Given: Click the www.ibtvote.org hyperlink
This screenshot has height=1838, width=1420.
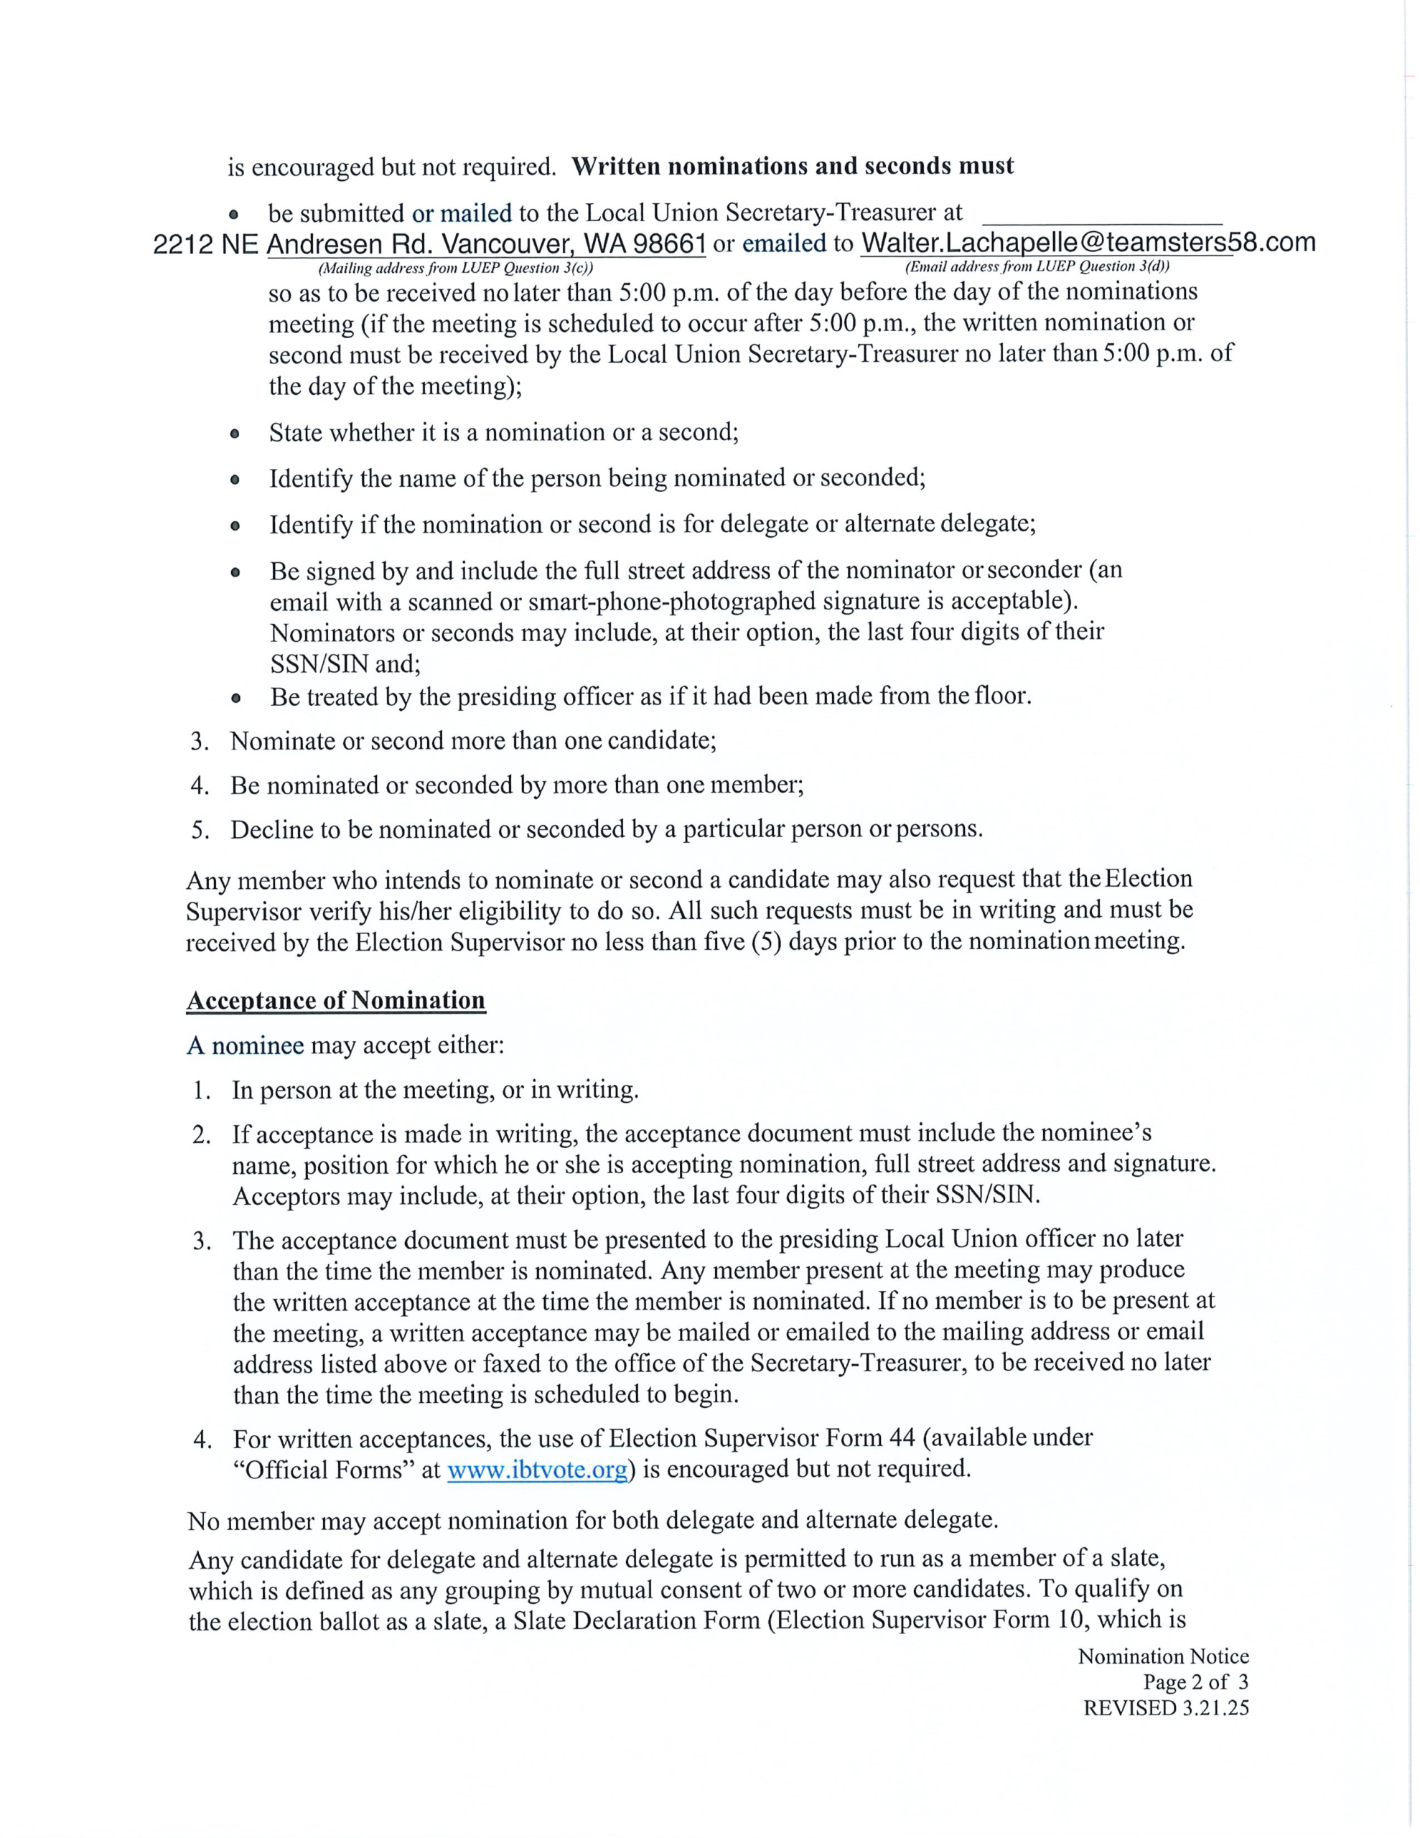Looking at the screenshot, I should pyautogui.click(x=537, y=1470).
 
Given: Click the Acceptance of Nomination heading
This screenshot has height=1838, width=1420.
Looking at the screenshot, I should pyautogui.click(x=336, y=1001).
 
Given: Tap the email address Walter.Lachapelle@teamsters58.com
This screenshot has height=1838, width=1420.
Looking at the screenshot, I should pyautogui.click(x=1088, y=243).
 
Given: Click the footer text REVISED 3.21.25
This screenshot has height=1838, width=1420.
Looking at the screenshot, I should pyautogui.click(x=1166, y=1707).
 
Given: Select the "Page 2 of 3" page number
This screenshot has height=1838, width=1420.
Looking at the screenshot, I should pyautogui.click(x=1195, y=1682).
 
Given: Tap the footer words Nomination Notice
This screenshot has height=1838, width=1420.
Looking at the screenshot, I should pyautogui.click(x=1163, y=1657).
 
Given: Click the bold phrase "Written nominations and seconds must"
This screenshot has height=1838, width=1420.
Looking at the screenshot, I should pyautogui.click(x=792, y=166).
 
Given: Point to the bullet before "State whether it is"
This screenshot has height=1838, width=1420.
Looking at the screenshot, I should pyautogui.click(x=235, y=434).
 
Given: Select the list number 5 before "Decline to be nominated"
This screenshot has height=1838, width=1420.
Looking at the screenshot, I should pyautogui.click(x=199, y=831).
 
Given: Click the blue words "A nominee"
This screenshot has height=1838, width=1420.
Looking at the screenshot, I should pyautogui.click(x=245, y=1046).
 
